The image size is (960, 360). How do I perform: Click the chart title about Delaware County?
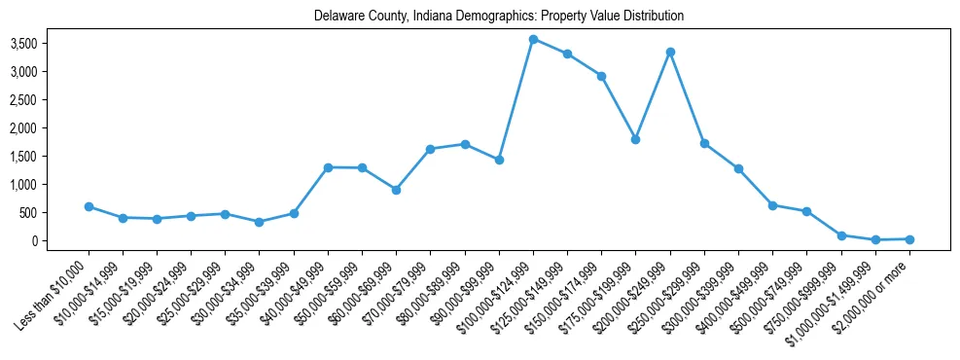coord(499,17)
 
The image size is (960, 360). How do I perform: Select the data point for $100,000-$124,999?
coord(533,39)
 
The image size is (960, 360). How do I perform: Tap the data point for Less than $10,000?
coord(89,206)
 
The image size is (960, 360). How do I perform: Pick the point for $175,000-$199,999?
coord(636,139)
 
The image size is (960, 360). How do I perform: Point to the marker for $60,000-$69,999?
coord(396,190)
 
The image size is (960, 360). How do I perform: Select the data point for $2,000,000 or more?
coord(909,238)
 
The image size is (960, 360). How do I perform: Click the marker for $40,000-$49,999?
coord(328,167)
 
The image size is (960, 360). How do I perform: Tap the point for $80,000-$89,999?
coord(465,144)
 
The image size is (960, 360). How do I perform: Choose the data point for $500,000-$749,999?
coord(806,211)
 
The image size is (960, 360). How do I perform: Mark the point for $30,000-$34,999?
coord(260,222)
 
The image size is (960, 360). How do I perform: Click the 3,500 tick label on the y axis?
coord(51,44)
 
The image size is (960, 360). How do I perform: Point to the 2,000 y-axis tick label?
coord(51,128)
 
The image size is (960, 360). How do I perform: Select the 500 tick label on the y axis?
coord(56,212)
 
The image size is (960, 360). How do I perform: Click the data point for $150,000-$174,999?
coord(602,76)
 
